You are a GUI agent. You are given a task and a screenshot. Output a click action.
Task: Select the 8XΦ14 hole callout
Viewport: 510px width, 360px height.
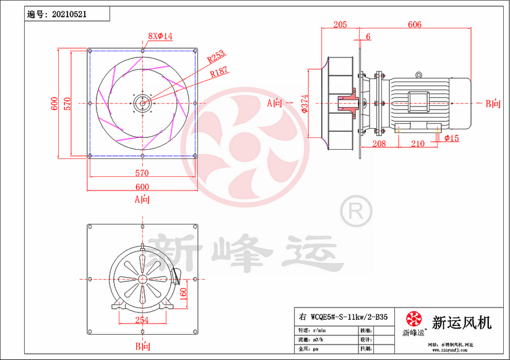pos(160,36)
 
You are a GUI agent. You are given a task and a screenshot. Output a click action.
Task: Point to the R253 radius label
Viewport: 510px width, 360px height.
pos(216,58)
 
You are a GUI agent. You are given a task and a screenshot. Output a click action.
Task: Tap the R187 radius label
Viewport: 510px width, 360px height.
pos(218,73)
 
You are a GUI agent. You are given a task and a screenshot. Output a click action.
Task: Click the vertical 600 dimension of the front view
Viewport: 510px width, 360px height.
pos(54,103)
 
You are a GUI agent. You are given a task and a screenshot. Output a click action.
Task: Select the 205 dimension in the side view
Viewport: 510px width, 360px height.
pos(340,25)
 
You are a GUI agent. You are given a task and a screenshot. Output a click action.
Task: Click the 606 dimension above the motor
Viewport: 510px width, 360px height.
pos(415,25)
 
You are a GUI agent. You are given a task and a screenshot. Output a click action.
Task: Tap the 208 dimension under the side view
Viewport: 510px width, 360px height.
pos(379,144)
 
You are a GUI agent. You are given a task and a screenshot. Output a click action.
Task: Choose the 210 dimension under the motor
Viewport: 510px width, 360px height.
pos(418,144)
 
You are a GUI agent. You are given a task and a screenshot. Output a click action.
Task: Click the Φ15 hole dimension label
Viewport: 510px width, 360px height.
pos(451,138)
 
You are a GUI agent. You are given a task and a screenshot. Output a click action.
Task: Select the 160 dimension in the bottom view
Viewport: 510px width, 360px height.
pos(183,292)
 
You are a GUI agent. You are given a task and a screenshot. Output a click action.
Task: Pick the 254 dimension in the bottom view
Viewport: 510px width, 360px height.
pos(142,320)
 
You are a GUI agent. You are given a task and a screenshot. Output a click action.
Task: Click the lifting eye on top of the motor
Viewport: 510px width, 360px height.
pos(418,75)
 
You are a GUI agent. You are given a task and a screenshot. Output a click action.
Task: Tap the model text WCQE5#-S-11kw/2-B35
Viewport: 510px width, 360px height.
pos(349,316)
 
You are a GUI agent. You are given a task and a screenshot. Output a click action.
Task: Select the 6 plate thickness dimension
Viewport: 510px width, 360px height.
pos(368,37)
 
